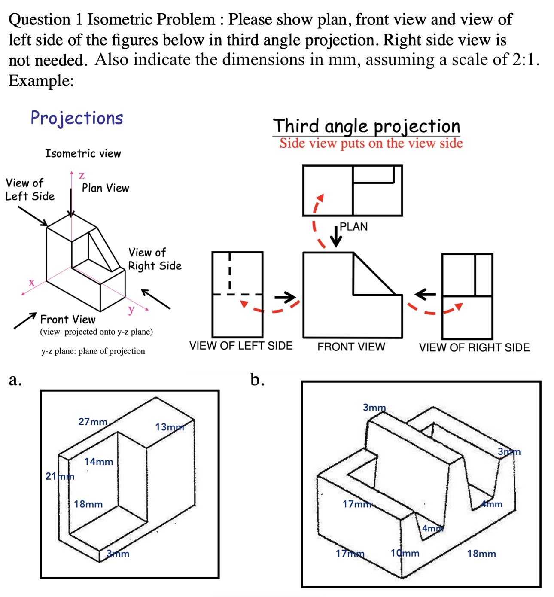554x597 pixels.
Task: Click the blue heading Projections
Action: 76,118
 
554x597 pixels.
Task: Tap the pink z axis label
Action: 82,175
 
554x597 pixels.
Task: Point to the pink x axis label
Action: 31,283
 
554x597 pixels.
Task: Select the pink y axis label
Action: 131,309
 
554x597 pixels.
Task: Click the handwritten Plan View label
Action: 105,188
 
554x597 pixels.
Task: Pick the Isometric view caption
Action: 83,154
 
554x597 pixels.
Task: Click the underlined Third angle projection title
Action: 366,126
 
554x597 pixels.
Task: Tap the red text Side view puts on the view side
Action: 371,143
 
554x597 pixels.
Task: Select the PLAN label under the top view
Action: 353,227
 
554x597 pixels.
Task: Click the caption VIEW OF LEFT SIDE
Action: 240,346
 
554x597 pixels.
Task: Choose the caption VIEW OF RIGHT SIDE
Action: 474,347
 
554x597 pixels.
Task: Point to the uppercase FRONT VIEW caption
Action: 351,347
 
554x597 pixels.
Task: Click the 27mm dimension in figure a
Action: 93,422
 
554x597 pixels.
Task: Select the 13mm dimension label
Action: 169,427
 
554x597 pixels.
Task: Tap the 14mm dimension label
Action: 98,462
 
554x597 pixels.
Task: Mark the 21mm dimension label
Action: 60,476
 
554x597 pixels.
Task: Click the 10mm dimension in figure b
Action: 405,553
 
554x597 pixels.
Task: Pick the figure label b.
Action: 257,380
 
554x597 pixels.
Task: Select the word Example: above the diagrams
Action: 41,81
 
